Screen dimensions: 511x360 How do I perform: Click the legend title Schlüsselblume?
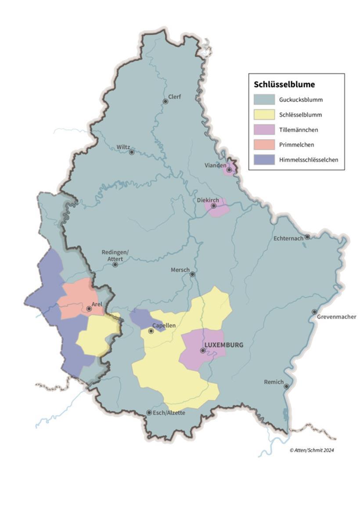[284, 85]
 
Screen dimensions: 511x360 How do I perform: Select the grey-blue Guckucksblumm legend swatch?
[264, 100]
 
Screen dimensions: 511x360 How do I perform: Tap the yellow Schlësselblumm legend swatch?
[264, 115]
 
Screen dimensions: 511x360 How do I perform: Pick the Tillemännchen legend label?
[299, 130]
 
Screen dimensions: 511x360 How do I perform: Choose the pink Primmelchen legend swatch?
[264, 145]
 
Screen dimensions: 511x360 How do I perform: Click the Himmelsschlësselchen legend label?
[308, 160]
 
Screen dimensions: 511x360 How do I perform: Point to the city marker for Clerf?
[166, 101]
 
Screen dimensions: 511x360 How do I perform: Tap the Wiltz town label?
[123, 147]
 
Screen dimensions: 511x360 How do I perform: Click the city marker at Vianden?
[229, 170]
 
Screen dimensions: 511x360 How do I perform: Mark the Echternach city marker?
[307, 237]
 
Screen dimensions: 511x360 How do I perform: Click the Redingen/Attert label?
[115, 255]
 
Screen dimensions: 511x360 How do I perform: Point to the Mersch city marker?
[192, 274]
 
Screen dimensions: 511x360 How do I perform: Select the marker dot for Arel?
[89, 309]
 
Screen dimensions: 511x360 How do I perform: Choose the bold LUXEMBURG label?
[224, 345]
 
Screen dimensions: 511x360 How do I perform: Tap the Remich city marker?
[286, 387]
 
